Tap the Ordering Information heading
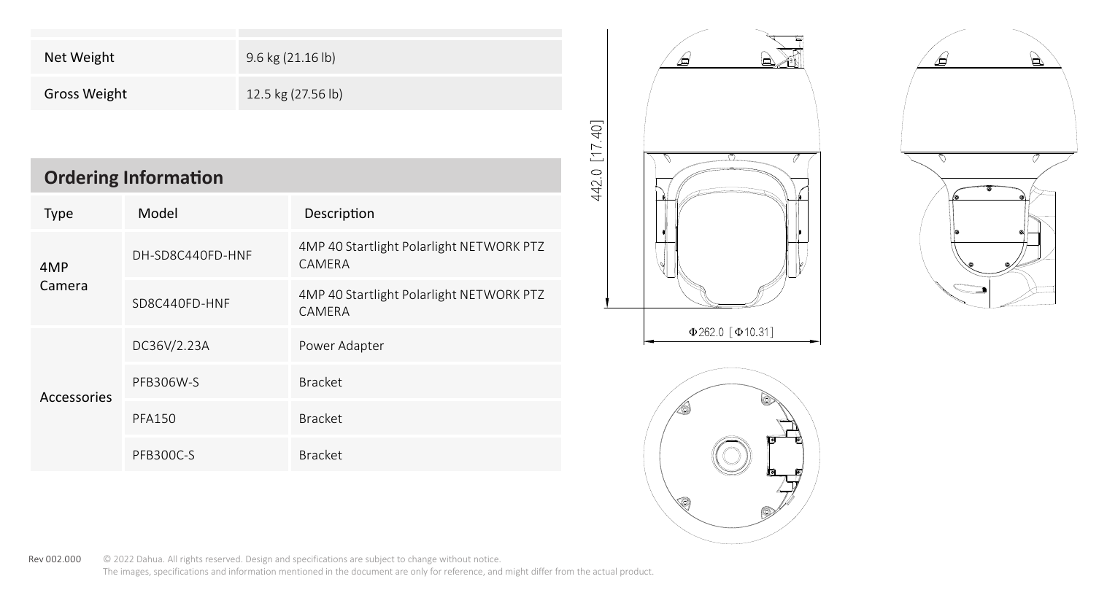pos(134,177)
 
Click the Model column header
pos(158,214)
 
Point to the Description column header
pos(339,214)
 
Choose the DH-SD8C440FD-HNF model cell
pos(192,255)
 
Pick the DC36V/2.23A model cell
pos(171,346)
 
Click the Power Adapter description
pos(341,346)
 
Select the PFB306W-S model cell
pos(166,382)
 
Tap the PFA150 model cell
pos(154,419)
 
